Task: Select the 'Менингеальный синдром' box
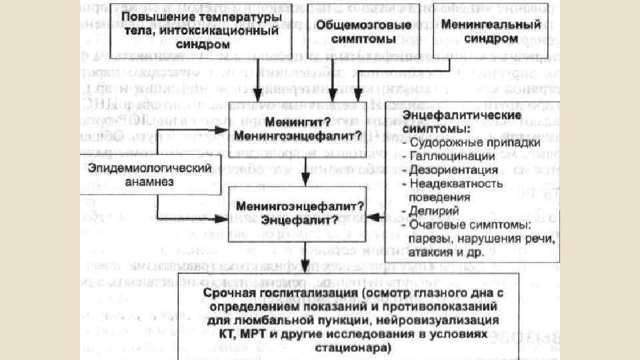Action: click(481, 31)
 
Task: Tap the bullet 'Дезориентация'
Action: click(453, 169)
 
